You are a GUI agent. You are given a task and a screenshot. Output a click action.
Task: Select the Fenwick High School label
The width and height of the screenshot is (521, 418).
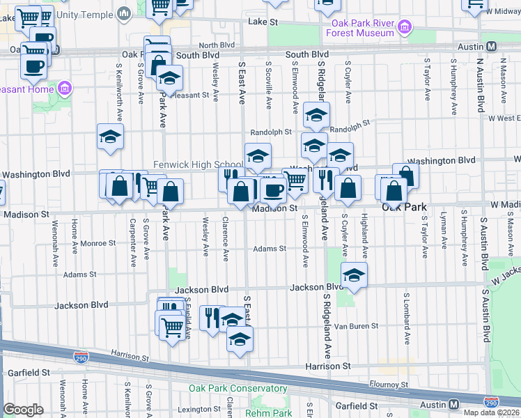click(x=199, y=164)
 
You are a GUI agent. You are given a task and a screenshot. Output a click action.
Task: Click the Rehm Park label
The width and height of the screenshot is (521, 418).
click(x=269, y=412)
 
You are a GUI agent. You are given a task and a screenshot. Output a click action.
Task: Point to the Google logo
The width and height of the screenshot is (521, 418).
click(x=23, y=410)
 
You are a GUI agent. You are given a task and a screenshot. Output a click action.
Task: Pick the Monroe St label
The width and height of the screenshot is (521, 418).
click(x=98, y=243)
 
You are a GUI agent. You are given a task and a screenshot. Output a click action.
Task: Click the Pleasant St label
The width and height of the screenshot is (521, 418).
click(x=190, y=95)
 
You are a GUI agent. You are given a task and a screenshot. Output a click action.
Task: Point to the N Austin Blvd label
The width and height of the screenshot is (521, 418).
click(x=480, y=85)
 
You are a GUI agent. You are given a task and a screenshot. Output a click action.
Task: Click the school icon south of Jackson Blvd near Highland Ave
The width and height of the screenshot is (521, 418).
click(x=354, y=276)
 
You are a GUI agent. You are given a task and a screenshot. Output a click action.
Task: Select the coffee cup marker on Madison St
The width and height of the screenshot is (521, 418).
click(x=274, y=190)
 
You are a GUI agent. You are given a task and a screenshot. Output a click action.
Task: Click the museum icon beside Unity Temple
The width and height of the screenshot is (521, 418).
click(x=125, y=13)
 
